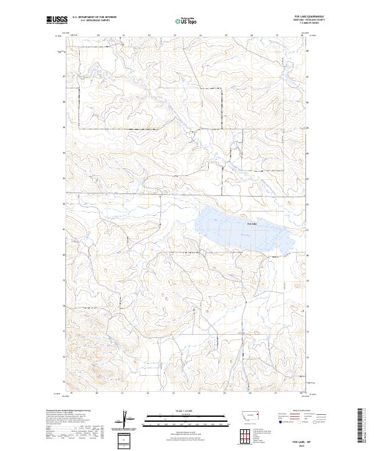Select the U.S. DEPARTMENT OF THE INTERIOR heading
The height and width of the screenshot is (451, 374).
[x=94, y=17]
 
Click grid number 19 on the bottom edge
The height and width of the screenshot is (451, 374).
[x=72, y=393]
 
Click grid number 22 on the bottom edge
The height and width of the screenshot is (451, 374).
[x=148, y=393]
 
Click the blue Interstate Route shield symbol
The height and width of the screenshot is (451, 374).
[x=280, y=422]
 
